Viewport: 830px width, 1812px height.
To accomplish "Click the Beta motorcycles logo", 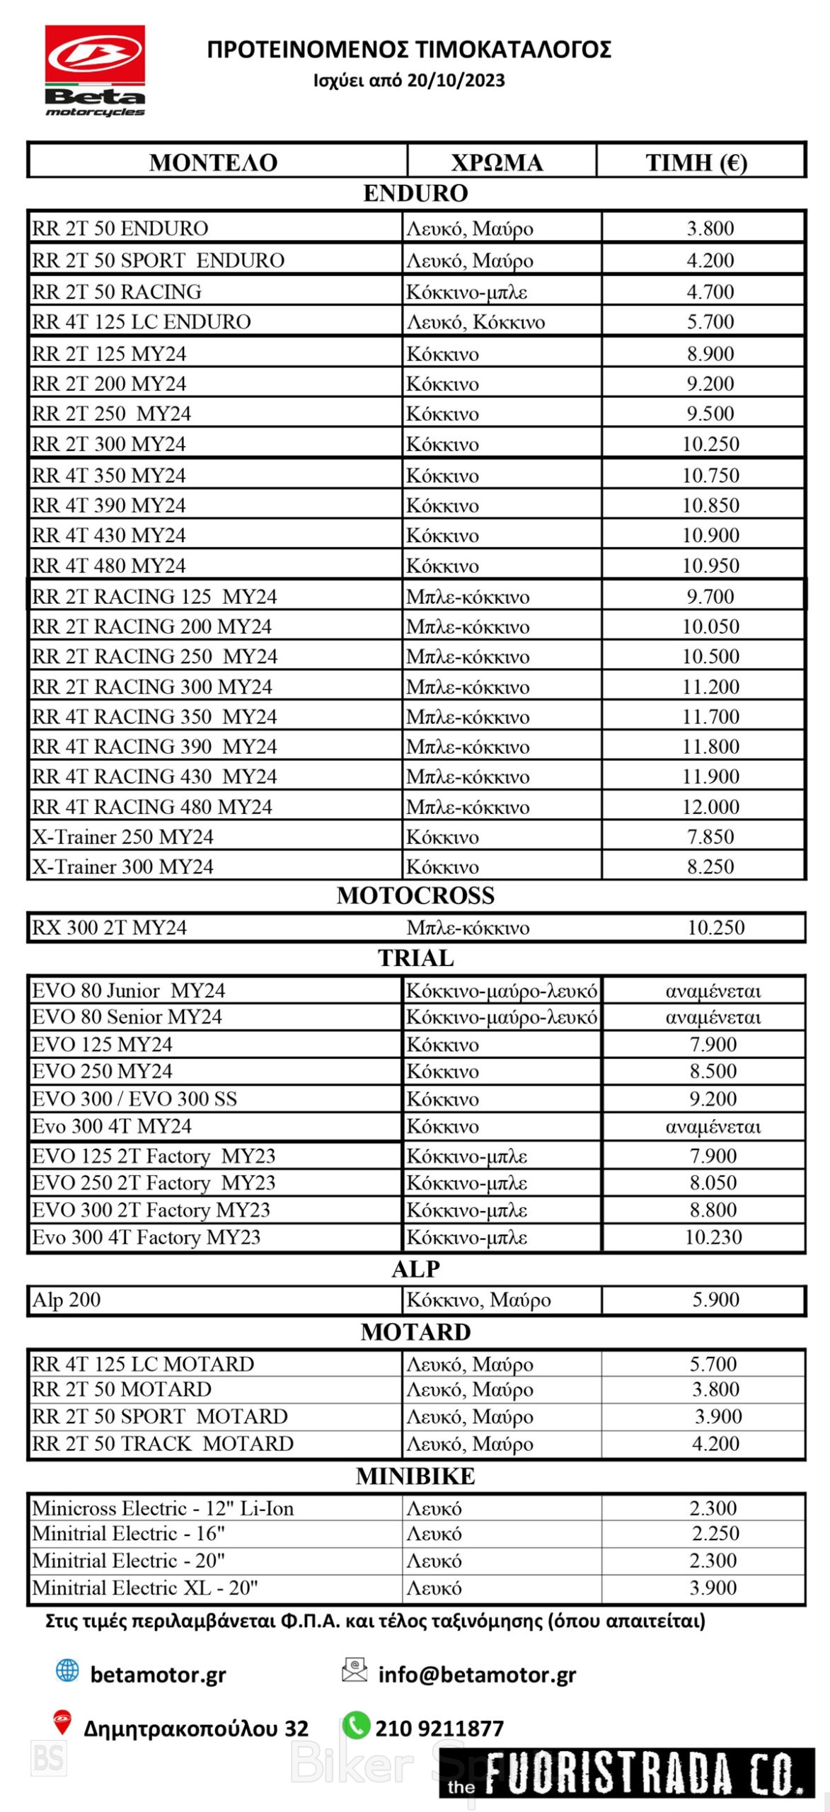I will [x=95, y=71].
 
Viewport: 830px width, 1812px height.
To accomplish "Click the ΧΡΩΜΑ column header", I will [x=497, y=162].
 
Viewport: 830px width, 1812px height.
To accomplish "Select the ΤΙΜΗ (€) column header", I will [x=696, y=162].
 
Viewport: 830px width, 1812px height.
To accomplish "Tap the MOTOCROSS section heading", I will [x=415, y=895].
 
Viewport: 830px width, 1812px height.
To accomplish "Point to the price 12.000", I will [x=710, y=806].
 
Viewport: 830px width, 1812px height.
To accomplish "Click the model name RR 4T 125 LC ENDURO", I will [x=142, y=321].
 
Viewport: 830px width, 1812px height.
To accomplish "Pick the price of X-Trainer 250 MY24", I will [x=710, y=837].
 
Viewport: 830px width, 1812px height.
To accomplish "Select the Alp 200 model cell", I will [x=67, y=1300].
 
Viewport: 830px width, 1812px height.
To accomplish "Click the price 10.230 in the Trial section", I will [x=713, y=1237].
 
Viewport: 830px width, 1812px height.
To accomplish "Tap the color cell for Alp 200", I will [x=478, y=1300].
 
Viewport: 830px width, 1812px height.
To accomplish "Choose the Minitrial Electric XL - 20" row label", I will [x=145, y=1588].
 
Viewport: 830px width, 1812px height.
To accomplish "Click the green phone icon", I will [x=356, y=1724].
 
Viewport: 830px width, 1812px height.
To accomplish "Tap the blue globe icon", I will [x=67, y=1670].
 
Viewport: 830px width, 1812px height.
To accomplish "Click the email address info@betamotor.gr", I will [x=477, y=1675].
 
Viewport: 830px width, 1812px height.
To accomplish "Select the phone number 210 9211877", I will [x=439, y=1728].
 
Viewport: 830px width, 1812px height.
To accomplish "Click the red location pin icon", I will [x=63, y=1721].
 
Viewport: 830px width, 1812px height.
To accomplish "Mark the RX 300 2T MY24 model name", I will [x=110, y=927].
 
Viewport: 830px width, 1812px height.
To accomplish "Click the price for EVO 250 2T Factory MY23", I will [x=713, y=1183].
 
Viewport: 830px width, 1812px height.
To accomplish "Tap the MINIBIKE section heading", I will [x=415, y=1476].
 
